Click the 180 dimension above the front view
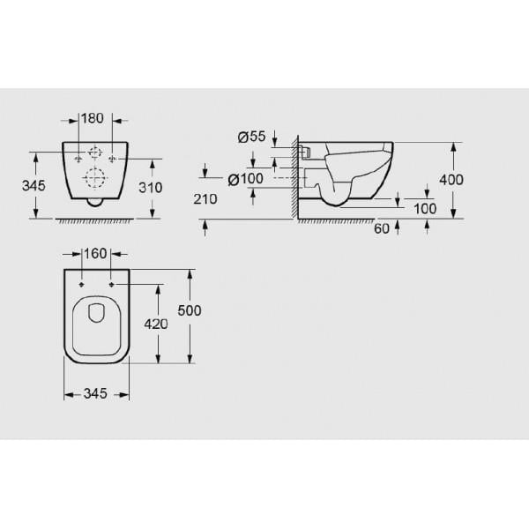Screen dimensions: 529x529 (93, 118)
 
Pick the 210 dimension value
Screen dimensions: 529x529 (205, 199)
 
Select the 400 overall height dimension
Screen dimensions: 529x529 (451, 179)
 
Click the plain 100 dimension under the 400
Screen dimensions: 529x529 (425, 208)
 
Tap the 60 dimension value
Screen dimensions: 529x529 (381, 229)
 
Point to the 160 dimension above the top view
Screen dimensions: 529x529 (94, 253)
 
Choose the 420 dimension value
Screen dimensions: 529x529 (156, 324)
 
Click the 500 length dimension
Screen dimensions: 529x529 (190, 310)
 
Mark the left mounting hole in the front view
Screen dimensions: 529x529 (78, 159)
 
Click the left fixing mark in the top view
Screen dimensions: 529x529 (81, 285)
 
